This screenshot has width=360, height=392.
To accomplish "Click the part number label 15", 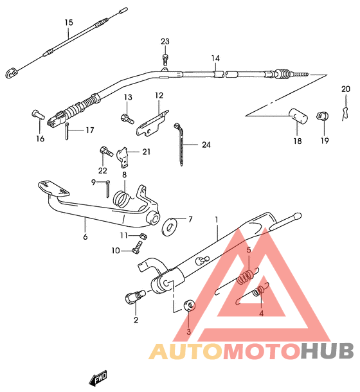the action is tap(69, 22).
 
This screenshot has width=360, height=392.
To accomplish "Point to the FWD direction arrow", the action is tap(98, 379).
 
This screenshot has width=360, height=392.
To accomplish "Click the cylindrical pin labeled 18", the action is tap(298, 116).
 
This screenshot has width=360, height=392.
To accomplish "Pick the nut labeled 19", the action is tap(323, 116).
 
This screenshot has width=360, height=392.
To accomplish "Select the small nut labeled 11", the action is tap(143, 236).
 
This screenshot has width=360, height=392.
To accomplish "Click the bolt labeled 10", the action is tap(137, 248).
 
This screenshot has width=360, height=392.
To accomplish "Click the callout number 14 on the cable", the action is tap(215, 58).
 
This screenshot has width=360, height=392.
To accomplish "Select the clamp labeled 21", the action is tap(123, 157).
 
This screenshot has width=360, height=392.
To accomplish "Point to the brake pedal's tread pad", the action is tap(53, 188).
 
